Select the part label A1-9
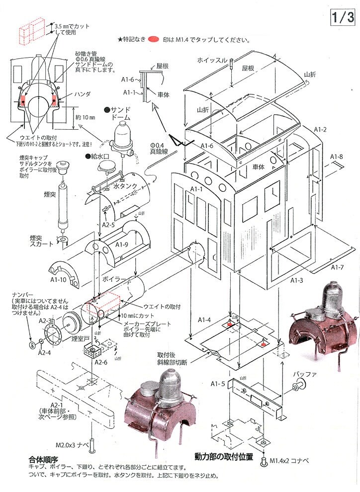[x=121, y=245]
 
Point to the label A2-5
[x=109, y=224]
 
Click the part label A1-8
[x=337, y=157]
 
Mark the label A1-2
[x=320, y=130]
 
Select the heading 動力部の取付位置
[x=224, y=456]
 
